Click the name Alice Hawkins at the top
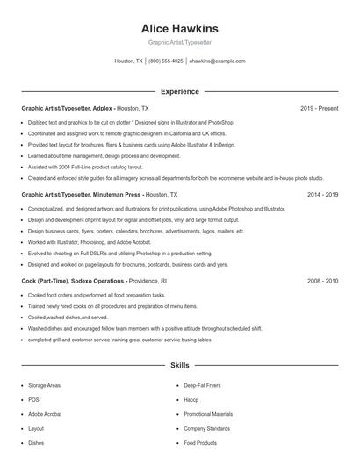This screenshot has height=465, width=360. pyautogui.click(x=179, y=28)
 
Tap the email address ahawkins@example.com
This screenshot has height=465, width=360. pyautogui.click(x=217, y=61)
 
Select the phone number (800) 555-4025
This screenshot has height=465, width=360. pyautogui.click(x=166, y=61)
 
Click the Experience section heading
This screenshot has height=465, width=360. pyautogui.click(x=179, y=91)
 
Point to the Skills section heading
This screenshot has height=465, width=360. pyautogui.click(x=179, y=364)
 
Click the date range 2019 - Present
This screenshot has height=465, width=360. pyautogui.click(x=319, y=108)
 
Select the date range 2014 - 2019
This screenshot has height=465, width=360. pyautogui.click(x=322, y=194)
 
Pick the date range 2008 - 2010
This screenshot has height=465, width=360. pyautogui.click(x=322, y=280)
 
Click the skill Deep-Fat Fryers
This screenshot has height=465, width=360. pyautogui.click(x=202, y=385)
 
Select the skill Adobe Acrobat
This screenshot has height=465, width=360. pyautogui.click(x=45, y=414)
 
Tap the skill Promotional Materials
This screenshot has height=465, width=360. pyautogui.click(x=208, y=414)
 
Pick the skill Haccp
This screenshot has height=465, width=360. pyautogui.click(x=191, y=399)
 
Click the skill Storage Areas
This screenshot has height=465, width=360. pyautogui.click(x=44, y=385)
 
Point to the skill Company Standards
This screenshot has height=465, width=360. pyautogui.click(x=206, y=428)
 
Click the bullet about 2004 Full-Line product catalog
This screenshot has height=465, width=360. pyautogui.click(x=86, y=166)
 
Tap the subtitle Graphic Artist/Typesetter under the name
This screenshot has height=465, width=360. pyautogui.click(x=179, y=42)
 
